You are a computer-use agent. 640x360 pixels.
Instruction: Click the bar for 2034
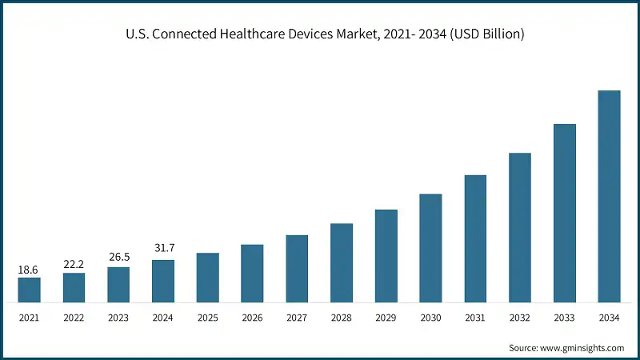pos(609,197)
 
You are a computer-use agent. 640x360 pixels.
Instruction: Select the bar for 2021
pos(29,290)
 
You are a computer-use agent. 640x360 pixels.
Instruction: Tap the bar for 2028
pos(342,263)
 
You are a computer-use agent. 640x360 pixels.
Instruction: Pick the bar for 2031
pos(475,239)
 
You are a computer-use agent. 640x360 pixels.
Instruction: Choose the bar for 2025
pos(207,278)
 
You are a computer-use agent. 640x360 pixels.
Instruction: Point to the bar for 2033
pos(565,214)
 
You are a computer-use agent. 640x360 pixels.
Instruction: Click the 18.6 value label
pos(29,270)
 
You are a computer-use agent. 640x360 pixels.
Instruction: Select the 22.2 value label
pos(74,265)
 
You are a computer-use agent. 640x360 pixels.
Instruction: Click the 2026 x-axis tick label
pos(252,318)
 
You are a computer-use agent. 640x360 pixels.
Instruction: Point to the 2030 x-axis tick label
pos(430,318)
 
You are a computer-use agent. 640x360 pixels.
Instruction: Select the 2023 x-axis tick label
pos(118,318)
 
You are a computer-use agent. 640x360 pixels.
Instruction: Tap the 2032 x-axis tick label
pos(520,318)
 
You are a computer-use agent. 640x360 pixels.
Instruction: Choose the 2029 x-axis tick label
pos(386,318)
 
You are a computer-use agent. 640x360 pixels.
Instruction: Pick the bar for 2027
pos(297,269)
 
